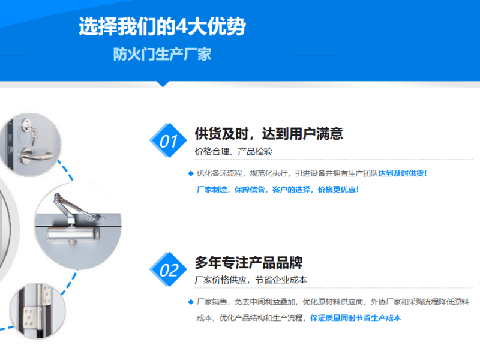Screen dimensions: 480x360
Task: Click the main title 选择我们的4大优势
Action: tap(162, 26)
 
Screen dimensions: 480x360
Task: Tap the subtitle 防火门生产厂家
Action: tap(162, 54)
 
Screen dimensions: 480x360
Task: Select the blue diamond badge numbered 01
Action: tap(168, 140)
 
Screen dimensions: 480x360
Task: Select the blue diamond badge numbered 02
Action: tap(168, 269)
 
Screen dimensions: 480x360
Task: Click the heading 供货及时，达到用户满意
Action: tap(269, 134)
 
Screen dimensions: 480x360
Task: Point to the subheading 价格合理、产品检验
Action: tap(233, 152)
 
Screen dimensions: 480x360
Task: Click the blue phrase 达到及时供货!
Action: tap(403, 173)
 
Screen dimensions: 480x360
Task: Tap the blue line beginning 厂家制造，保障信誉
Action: tap(278, 190)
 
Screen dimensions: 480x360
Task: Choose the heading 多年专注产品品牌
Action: tap(248, 263)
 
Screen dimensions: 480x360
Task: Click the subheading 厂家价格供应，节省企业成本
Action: tap(251, 280)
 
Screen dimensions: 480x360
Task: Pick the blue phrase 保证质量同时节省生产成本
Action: tap(355, 318)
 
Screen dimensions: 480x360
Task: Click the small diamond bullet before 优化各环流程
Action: tap(191, 173)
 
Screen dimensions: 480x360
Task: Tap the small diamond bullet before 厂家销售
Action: tap(191, 302)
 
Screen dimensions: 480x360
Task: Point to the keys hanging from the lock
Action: tap(34, 136)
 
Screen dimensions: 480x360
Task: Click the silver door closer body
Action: tap(73, 234)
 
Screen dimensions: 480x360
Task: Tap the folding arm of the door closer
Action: tap(77, 208)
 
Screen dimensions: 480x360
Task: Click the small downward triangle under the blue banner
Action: tap(163, 84)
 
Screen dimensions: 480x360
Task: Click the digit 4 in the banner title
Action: tap(182, 26)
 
